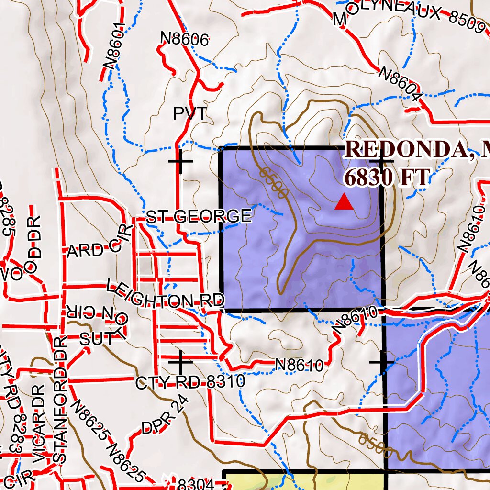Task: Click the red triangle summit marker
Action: click(x=344, y=202)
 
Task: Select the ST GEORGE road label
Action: click(x=199, y=217)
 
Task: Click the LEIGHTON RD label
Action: click(x=165, y=295)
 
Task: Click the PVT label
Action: click(x=190, y=114)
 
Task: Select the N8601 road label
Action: click(x=115, y=45)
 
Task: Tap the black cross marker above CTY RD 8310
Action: click(x=180, y=362)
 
